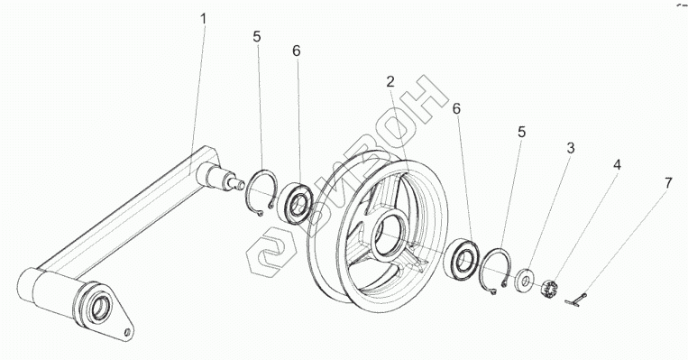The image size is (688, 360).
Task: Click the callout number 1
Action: pyautogui.click(x=203, y=19)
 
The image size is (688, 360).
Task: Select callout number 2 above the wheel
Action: pyautogui.click(x=390, y=81)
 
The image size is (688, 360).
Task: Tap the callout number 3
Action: pyautogui.click(x=570, y=148)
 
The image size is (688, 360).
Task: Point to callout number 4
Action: pyautogui.click(x=617, y=165)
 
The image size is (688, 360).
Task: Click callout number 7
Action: pyautogui.click(x=668, y=183)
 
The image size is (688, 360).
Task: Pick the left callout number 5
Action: pyautogui.click(x=257, y=37)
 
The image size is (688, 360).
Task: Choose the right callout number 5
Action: pyautogui.click(x=521, y=132)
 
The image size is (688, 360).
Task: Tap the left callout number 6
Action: pyautogui.click(x=297, y=51)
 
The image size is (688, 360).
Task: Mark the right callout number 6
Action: pyautogui.click(x=457, y=109)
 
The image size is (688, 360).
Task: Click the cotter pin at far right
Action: pyautogui.click(x=576, y=300)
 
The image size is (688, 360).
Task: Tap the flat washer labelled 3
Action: pyautogui.click(x=525, y=279)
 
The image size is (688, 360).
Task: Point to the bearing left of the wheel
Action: pyautogui.click(x=297, y=204)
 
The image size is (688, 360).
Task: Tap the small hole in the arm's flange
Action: pyautogui.click(x=127, y=332)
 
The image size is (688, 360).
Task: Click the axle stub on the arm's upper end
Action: pyautogui.click(x=221, y=177)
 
